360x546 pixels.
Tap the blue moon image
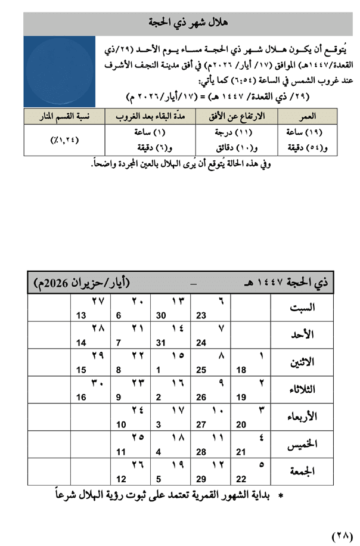click(x=60, y=72)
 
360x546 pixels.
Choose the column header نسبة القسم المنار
click(x=64, y=115)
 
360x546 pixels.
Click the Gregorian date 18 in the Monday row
click(x=241, y=370)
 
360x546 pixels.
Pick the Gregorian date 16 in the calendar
click(x=82, y=397)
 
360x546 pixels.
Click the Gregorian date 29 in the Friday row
click(x=201, y=479)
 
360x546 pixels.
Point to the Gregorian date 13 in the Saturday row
click(x=82, y=315)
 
